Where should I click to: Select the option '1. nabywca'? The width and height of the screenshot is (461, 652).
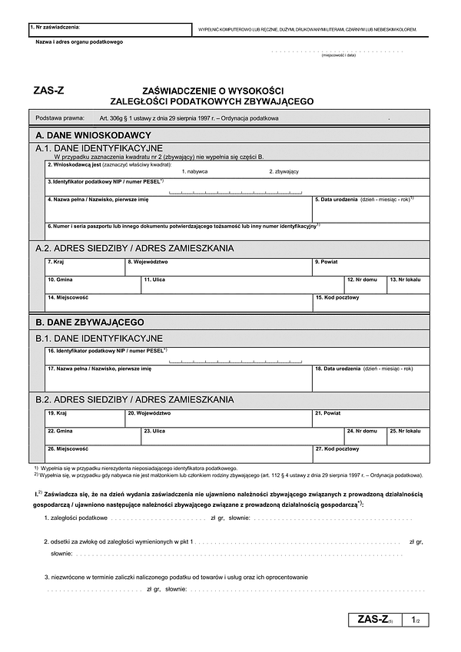click(x=194, y=171)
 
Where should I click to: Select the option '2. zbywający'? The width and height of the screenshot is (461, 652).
click(x=284, y=171)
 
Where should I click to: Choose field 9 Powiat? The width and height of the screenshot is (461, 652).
click(x=370, y=267)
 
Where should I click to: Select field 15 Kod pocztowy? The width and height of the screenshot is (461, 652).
click(x=370, y=303)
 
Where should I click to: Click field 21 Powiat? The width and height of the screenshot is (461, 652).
click(x=370, y=419)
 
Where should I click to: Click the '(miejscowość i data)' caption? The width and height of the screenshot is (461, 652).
click(x=338, y=56)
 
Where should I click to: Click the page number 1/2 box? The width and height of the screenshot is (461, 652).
click(x=415, y=619)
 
